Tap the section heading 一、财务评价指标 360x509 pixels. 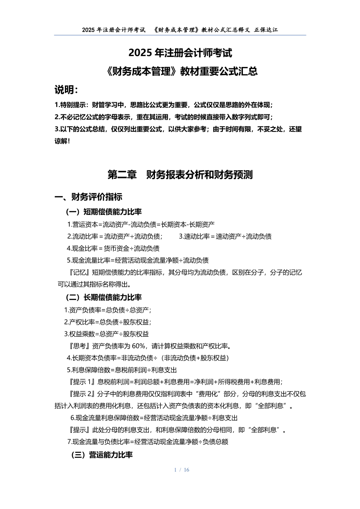88,197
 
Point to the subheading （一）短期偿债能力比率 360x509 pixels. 104,212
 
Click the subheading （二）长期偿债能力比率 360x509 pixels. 104,297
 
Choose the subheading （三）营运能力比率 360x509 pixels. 102,455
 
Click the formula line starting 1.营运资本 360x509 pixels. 141,224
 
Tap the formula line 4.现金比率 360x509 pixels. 113,248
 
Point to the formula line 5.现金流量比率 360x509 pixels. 138,261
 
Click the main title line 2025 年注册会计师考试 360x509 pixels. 180,53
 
